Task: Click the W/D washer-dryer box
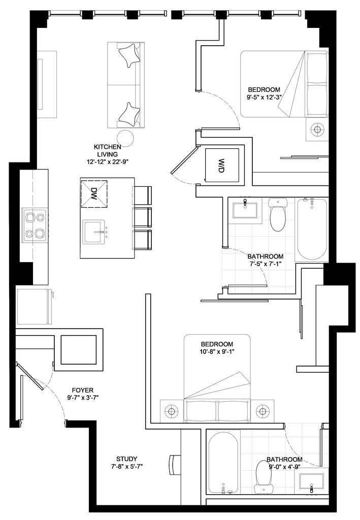click(x=222, y=165)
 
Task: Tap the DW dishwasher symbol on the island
click(x=94, y=193)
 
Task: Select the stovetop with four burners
click(x=35, y=225)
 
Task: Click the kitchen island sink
click(x=95, y=232)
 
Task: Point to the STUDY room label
click(x=126, y=459)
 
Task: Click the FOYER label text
click(x=83, y=391)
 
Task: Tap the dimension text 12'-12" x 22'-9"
click(x=107, y=162)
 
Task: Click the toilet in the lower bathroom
click(x=264, y=477)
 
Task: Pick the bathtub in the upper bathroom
click(x=312, y=229)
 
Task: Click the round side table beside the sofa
click(x=126, y=138)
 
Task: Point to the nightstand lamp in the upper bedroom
click(x=317, y=129)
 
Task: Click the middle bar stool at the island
click(x=142, y=217)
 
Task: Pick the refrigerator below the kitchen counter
click(x=34, y=306)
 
